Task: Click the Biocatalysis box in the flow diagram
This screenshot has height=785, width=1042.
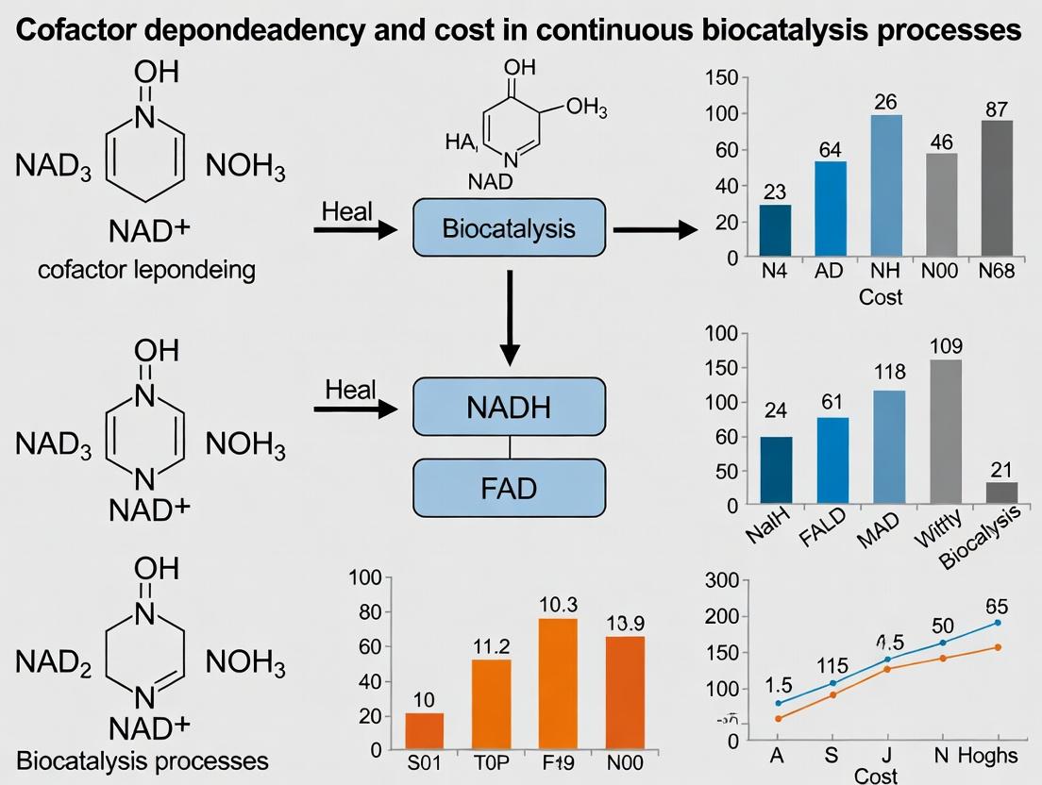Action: tap(509, 227)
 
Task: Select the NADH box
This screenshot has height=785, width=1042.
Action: tap(509, 409)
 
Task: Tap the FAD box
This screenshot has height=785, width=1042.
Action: tap(509, 488)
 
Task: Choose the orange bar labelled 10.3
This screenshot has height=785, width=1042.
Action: tap(557, 684)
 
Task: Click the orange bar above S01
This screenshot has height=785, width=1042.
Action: tap(425, 731)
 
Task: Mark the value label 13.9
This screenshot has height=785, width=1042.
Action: tap(620, 624)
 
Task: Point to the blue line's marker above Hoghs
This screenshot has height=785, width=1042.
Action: tap(998, 623)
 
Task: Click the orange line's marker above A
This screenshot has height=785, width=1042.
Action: tap(778, 719)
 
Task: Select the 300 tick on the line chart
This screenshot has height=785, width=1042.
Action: tap(733, 580)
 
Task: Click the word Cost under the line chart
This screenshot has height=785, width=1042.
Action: tap(877, 775)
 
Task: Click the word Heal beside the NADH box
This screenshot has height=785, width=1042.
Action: tap(350, 389)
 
